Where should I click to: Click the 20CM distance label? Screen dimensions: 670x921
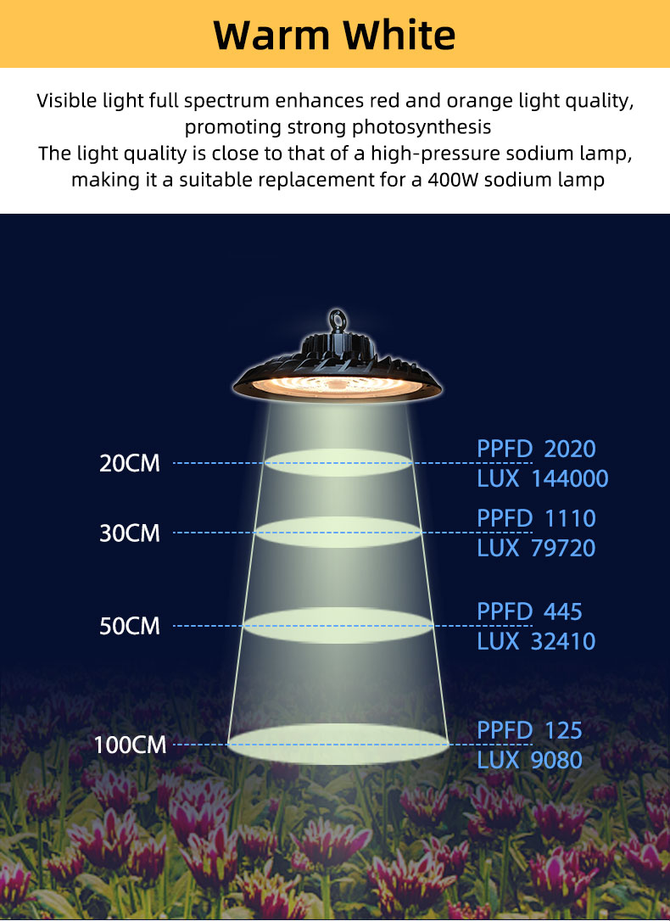(x=130, y=463)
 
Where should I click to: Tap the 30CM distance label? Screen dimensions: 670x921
(x=130, y=533)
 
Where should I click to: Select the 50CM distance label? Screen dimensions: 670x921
(x=130, y=626)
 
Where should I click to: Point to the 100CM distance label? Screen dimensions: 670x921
(x=131, y=745)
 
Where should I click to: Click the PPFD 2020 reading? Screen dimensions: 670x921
(x=536, y=449)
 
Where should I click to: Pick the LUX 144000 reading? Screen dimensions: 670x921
(x=543, y=478)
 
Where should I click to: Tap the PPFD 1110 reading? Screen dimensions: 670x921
(x=536, y=519)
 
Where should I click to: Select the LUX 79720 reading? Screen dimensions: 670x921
(x=536, y=548)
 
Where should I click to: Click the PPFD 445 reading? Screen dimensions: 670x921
(x=530, y=612)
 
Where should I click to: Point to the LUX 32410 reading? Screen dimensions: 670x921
(x=536, y=641)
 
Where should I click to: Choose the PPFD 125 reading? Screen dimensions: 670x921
(x=530, y=731)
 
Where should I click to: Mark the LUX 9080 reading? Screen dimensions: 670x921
(x=530, y=760)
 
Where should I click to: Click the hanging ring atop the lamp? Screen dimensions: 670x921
(x=338, y=312)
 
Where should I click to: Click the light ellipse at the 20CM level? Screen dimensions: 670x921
(x=338, y=462)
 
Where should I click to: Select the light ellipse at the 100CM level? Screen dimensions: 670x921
(x=338, y=745)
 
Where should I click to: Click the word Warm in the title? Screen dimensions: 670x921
(x=271, y=36)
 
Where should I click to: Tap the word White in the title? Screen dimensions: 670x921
(x=399, y=35)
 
